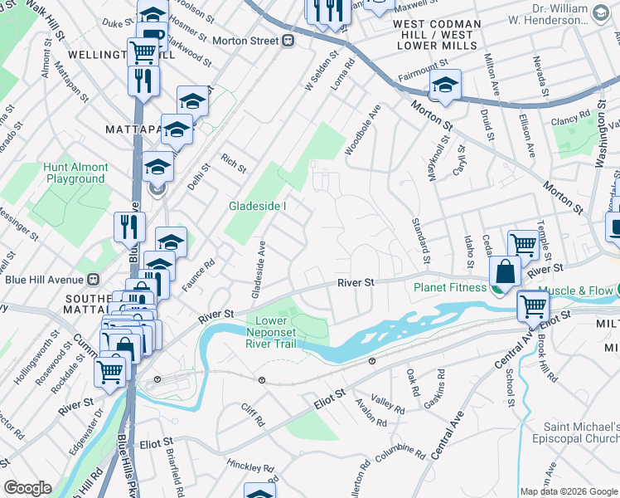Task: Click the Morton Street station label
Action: pos(245,41)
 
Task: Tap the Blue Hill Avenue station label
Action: pos(46,280)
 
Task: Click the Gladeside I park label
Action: pos(258,206)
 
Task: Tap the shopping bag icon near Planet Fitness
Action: pos(505,271)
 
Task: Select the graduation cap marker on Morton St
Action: pos(445,85)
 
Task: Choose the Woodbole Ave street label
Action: pos(362,129)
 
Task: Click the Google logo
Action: pos(27,488)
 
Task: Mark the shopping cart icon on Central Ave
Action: pos(532,306)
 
